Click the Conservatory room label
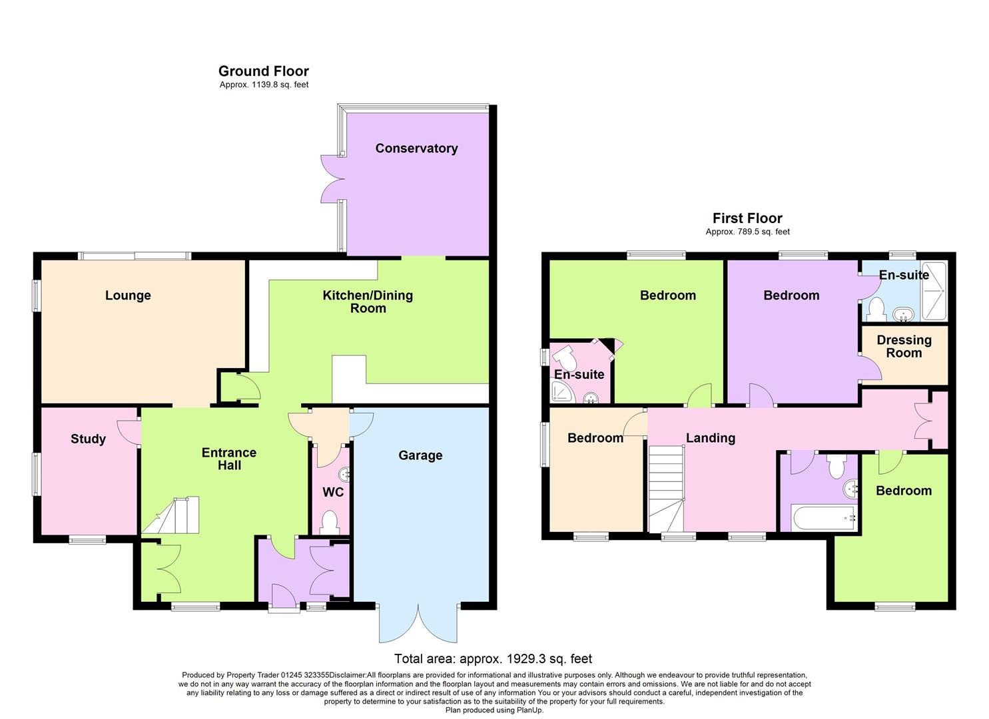(x=416, y=148)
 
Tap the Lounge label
(x=128, y=296)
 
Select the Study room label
(x=88, y=439)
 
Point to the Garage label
(x=420, y=455)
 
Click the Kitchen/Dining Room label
(x=368, y=302)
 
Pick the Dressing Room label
(x=904, y=347)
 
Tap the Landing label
(x=711, y=438)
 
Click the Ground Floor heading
(x=264, y=71)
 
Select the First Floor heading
(x=747, y=218)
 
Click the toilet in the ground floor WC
(x=328, y=521)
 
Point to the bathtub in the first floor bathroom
(x=823, y=517)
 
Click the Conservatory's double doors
(x=330, y=178)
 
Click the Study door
(x=130, y=431)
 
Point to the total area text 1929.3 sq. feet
(x=493, y=659)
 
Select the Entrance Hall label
(x=229, y=459)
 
